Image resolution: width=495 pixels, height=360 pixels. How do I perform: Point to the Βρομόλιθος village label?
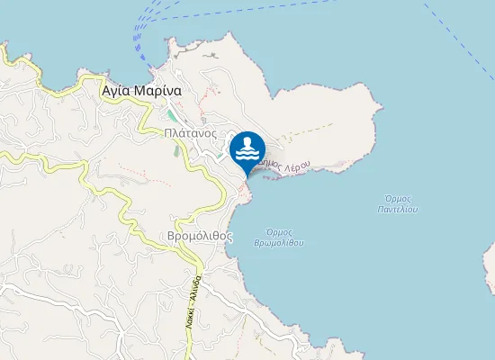(x=200, y=236)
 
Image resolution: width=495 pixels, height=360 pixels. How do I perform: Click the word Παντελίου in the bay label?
(x=398, y=209)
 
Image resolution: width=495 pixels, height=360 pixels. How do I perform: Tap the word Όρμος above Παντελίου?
(x=398, y=198)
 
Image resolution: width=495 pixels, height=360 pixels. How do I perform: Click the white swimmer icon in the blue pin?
(x=247, y=148)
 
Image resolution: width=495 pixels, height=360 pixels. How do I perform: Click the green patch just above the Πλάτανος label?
(x=171, y=116)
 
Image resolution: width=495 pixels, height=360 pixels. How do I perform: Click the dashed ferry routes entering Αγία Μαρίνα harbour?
(x=141, y=36)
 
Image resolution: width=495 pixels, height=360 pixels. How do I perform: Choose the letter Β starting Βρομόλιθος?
(x=172, y=236)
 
